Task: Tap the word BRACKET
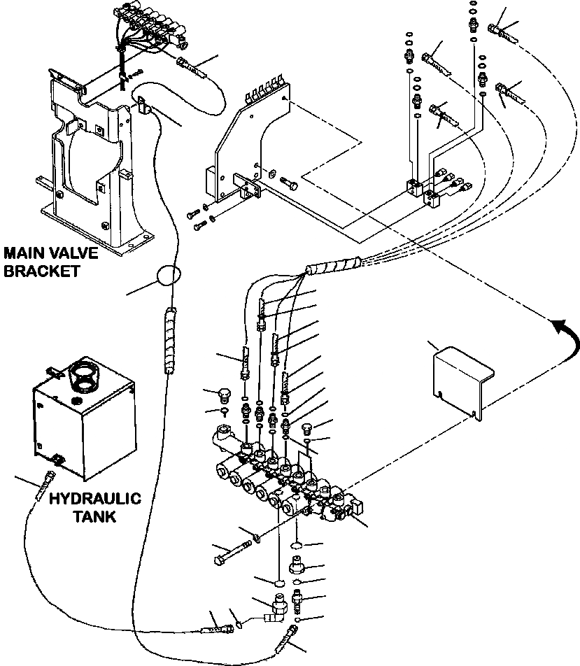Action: click(42, 271)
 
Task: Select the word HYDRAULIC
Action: click(95, 499)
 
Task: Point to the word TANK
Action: click(94, 516)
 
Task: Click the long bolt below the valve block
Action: click(233, 552)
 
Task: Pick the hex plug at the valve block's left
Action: click(224, 396)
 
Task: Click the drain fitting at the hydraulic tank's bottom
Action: click(57, 459)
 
